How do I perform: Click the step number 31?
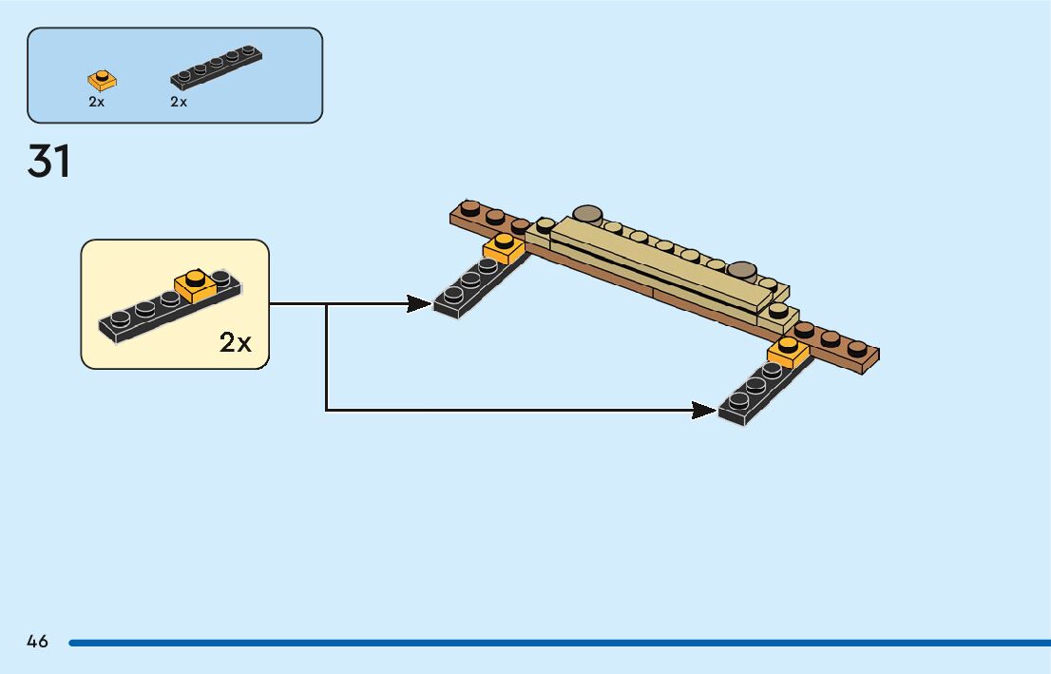49,162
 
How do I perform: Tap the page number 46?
38,642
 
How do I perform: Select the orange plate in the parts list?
101,79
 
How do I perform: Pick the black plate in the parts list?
216,67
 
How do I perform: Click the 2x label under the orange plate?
96,102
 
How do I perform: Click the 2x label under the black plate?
179,102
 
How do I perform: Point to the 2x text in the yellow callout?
236,342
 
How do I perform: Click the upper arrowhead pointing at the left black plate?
418,304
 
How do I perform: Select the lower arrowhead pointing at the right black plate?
703,411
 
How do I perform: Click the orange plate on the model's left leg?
504,249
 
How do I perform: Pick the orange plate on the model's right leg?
788,352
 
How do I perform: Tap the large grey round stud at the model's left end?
588,214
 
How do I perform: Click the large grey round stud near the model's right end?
741,269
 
